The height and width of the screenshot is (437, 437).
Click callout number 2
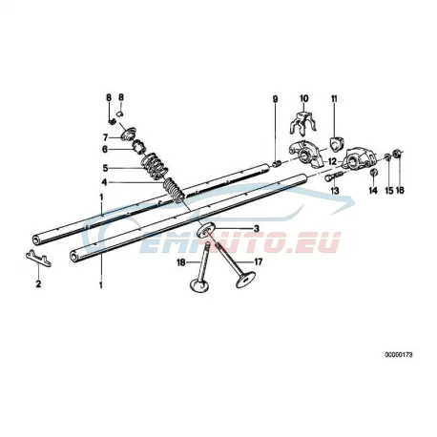pyautogui.click(x=38, y=283)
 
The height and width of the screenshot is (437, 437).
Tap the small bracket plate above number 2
pyautogui.click(x=38, y=258)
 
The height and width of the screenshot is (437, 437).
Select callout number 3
pyautogui.click(x=256, y=228)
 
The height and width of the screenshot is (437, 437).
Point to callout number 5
pyautogui.click(x=105, y=168)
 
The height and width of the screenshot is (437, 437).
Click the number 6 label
pyautogui.click(x=105, y=149)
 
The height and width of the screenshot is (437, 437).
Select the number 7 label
pyautogui.click(x=105, y=137)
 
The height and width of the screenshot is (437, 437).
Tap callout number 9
pyautogui.click(x=275, y=99)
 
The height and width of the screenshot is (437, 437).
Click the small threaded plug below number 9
pyautogui.click(x=277, y=164)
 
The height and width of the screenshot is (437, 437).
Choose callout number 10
pyautogui.click(x=304, y=98)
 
